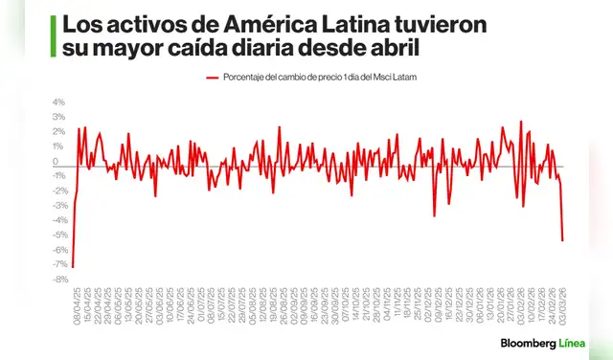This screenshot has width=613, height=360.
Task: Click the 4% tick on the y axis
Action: point(58,102)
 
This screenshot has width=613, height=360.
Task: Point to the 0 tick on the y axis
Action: point(61,162)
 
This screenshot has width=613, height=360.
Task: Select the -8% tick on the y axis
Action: point(57,280)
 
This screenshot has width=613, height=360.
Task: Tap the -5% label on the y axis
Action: point(57,236)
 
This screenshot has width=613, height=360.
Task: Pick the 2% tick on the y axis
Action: point(58,132)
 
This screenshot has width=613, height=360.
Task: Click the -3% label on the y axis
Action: point(57,206)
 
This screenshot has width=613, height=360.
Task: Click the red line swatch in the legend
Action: point(214,79)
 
